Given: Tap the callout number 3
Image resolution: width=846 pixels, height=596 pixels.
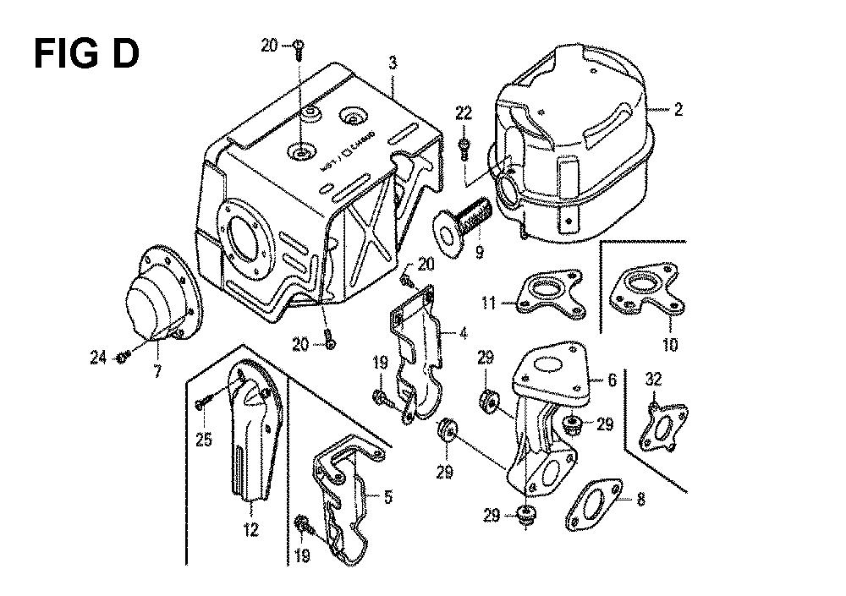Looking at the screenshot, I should tap(393, 61).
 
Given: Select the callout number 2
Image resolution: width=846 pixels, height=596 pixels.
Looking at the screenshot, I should tap(678, 109).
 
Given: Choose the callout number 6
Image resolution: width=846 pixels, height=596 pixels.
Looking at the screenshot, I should tap(612, 381).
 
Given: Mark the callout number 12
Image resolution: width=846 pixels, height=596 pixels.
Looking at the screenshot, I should tap(251, 531).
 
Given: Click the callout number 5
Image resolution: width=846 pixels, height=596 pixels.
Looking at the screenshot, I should tap(387, 497).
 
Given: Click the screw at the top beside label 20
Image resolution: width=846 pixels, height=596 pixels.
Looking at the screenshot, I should tap(299, 50).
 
